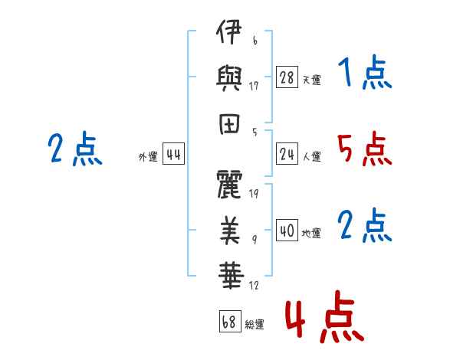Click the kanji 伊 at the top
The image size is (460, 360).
tap(228, 32)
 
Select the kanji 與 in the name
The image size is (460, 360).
tap(228, 78)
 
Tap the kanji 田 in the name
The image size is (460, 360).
tap(229, 124)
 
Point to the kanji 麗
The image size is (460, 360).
tap(229, 185)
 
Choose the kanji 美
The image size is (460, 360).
tap(230, 231)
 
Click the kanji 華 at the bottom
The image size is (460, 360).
tap(231, 276)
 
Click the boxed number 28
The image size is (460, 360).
tap(287, 77)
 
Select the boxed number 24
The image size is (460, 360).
tap(287, 153)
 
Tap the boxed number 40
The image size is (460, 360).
tap(287, 230)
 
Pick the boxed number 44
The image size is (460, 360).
tap(173, 153)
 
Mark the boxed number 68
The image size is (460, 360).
tap(230, 321)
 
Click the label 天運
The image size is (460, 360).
tap(312, 80)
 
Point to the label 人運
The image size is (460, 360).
tap(312, 156)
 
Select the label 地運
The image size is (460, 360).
tap(311, 233)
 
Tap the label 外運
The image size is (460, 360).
tap(148, 156)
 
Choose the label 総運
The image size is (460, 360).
tap(255, 324)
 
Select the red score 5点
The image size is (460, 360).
tap(365, 149)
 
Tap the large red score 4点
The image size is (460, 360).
tap(325, 316)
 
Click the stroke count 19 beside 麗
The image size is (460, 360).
tap(254, 194)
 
